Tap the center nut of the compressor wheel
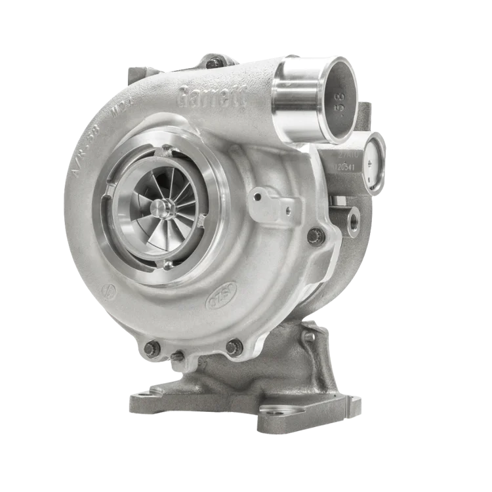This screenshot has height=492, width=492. [159, 207]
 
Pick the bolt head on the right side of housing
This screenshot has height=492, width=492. [317, 235]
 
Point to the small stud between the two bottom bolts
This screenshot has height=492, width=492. [176, 356]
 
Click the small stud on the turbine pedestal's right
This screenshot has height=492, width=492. [309, 336]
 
